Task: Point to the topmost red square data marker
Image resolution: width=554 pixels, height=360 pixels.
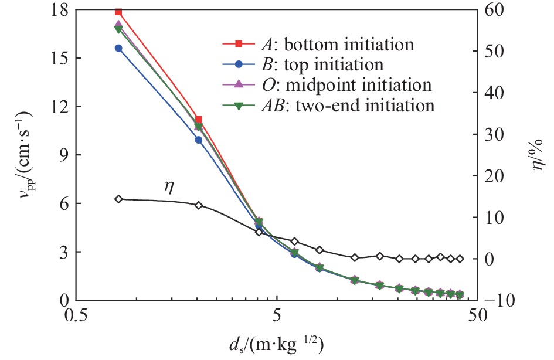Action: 118,11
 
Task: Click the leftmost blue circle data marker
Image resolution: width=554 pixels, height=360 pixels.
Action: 118,48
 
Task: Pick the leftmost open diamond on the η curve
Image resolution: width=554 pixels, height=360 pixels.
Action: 118,199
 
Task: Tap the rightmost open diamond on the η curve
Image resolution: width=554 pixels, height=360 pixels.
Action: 460,259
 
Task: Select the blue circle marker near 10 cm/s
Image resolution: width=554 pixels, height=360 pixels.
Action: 199,140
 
